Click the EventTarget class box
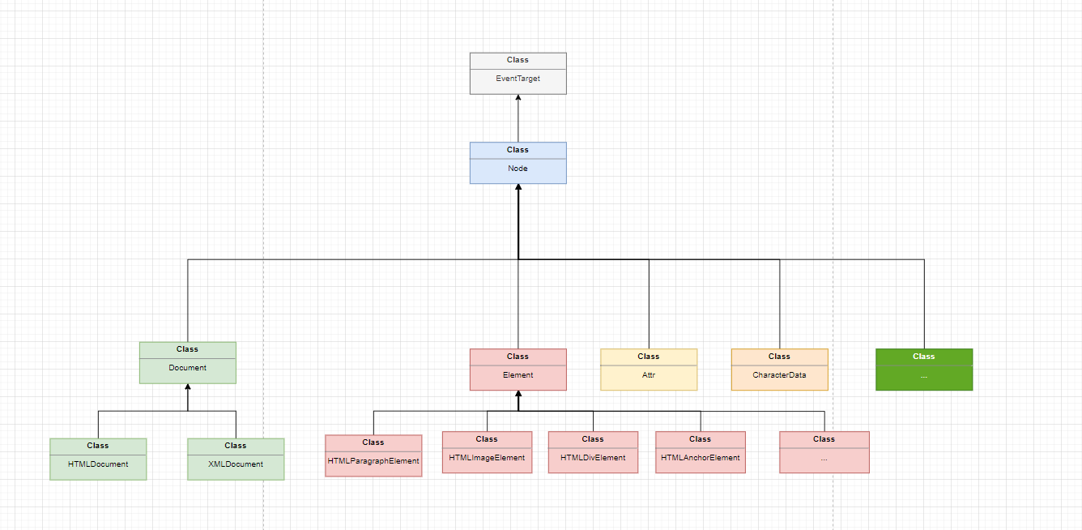click(518, 73)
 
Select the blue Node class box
click(518, 163)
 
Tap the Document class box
click(187, 362)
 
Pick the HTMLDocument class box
click(98, 459)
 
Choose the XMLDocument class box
click(236, 459)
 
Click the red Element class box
click(518, 370)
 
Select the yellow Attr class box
click(648, 370)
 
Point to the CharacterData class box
click(779, 370)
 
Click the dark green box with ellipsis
click(923, 370)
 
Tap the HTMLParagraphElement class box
click(373, 455)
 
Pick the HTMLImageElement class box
click(487, 452)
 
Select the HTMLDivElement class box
click(593, 452)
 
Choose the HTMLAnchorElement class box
click(701, 452)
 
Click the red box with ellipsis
click(824, 452)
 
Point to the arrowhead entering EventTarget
click(518, 98)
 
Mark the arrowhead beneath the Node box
click(518, 188)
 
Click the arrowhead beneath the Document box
click(188, 387)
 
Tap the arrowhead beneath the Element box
click(518, 395)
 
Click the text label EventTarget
click(518, 79)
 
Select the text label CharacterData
click(779, 375)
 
